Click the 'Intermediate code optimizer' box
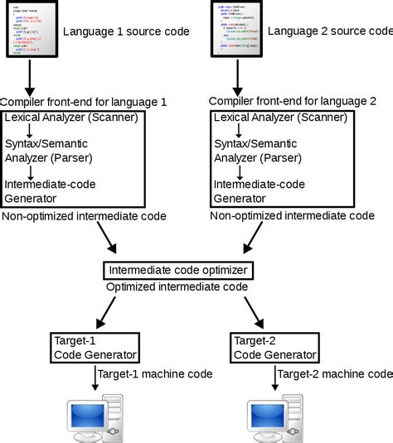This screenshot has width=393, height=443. coord(177,270)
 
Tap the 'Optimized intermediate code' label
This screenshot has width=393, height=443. coord(177,287)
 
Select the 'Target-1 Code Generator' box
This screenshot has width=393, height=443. coord(88,348)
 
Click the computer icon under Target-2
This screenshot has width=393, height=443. coord(274,419)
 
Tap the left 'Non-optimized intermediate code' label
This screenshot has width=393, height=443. coord(84,215)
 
